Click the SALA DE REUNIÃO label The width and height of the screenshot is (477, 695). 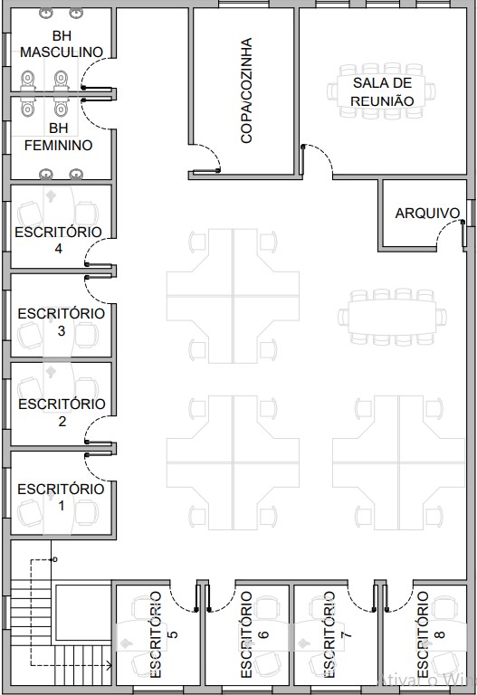(x=382, y=91)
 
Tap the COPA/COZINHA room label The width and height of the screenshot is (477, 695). (x=246, y=90)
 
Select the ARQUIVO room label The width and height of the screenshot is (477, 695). (x=427, y=214)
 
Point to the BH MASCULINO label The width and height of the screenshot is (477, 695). (x=62, y=43)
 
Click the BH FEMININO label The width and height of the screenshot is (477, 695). (x=59, y=137)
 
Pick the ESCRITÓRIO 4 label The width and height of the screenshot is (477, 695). (x=59, y=240)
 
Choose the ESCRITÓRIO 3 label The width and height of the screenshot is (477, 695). (x=62, y=322)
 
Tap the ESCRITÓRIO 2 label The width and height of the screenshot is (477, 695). (x=62, y=413)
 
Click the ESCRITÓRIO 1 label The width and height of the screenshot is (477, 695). (x=62, y=498)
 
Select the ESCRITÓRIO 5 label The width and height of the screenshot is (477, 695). (x=163, y=634)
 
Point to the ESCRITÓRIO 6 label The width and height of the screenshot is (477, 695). (x=253, y=634)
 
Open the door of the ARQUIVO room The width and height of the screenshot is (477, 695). (x=444, y=229)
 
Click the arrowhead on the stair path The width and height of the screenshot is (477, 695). (x=109, y=665)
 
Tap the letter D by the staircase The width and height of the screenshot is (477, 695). (x=55, y=560)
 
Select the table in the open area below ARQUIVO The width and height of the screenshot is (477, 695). (x=392, y=317)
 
